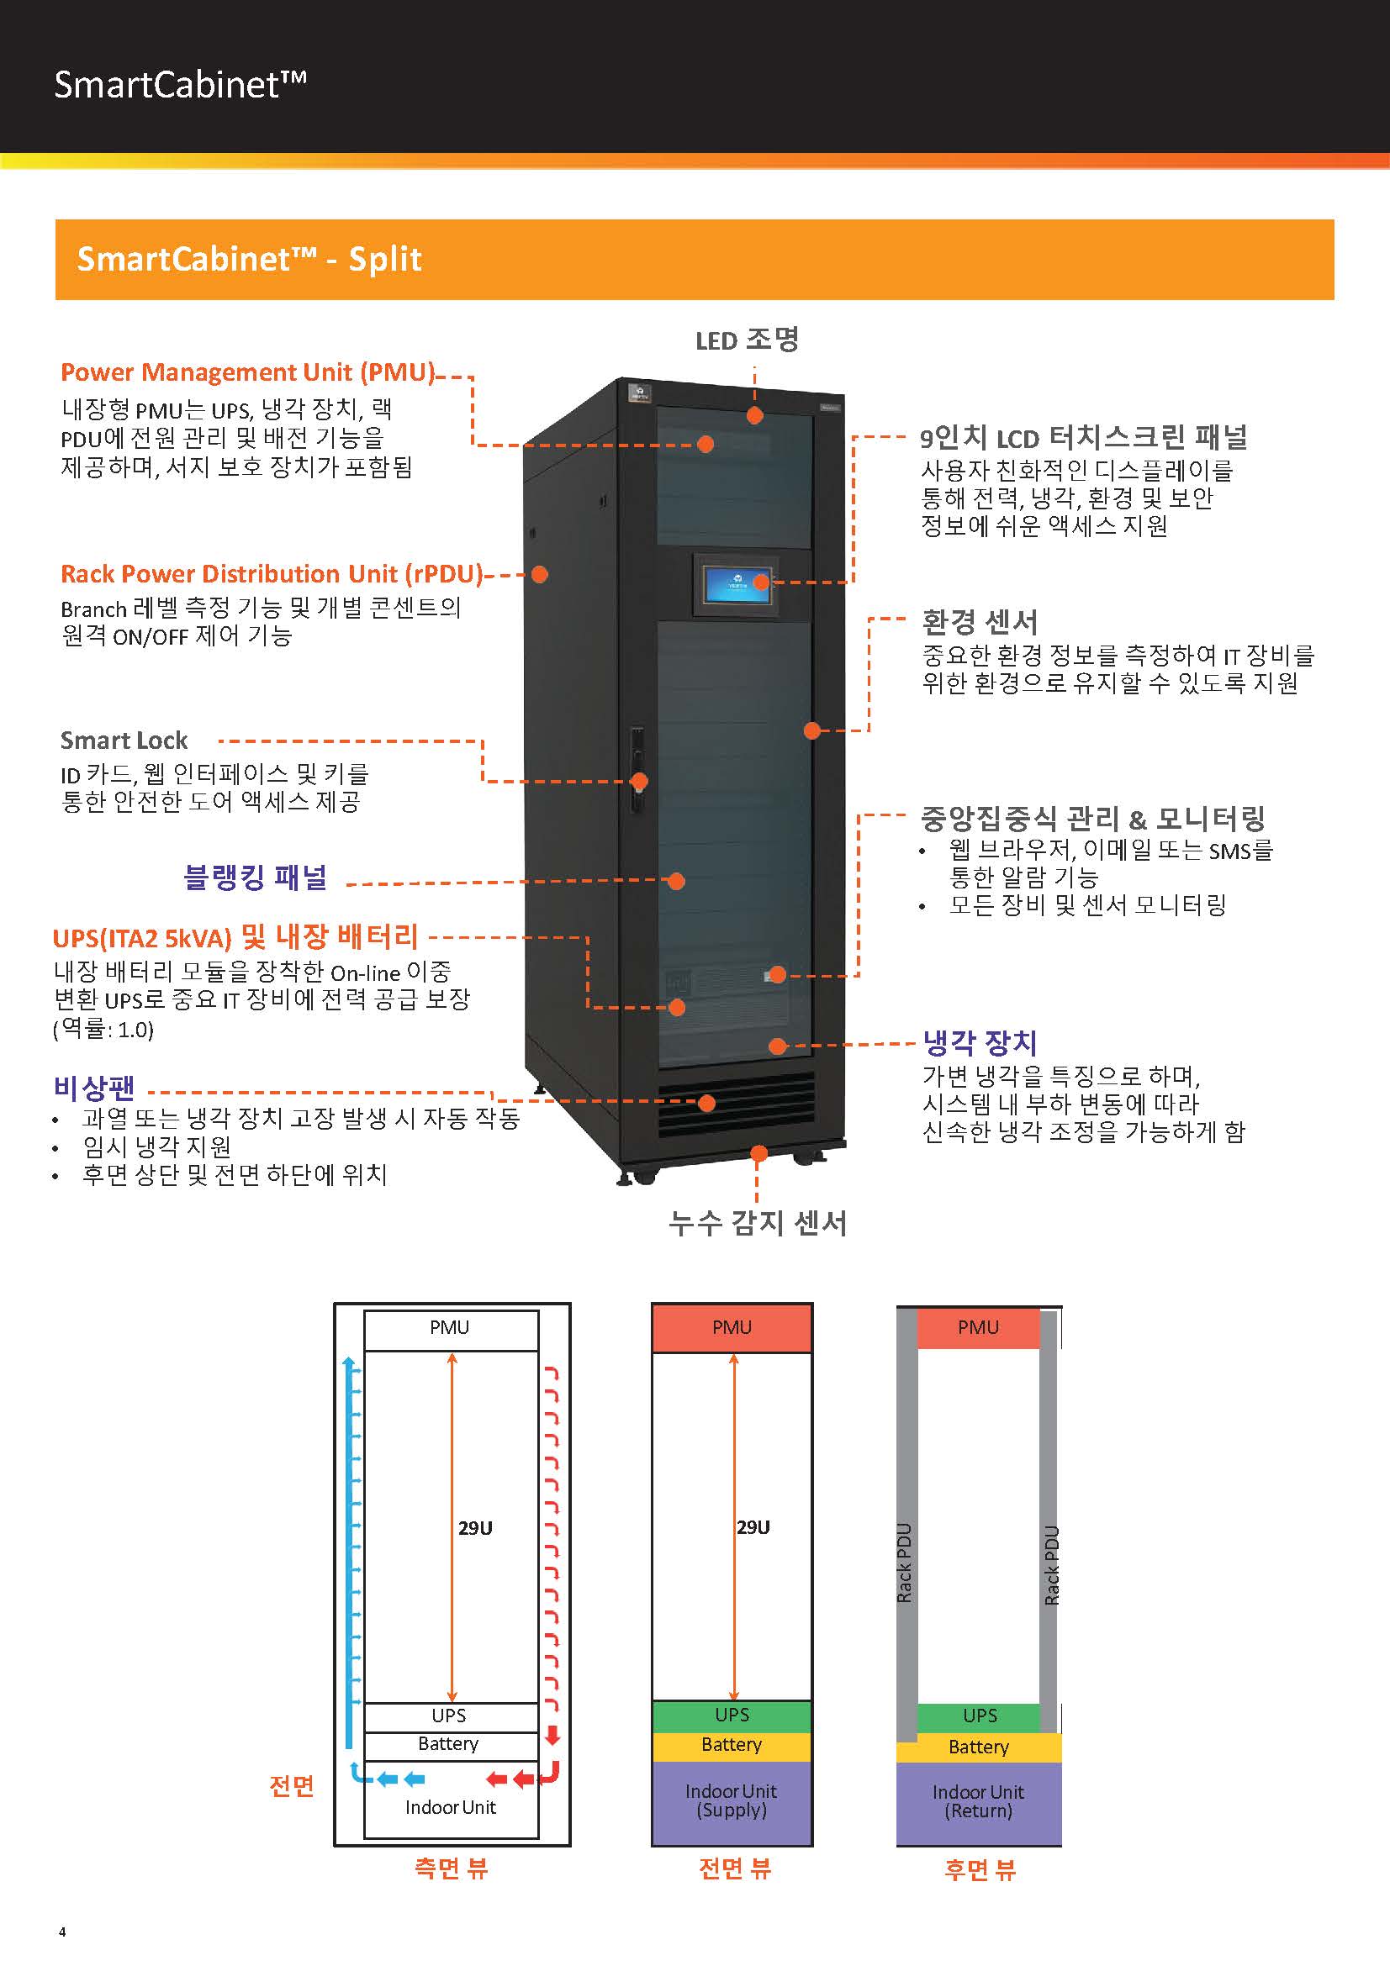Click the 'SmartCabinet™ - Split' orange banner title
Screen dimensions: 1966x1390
click(x=249, y=259)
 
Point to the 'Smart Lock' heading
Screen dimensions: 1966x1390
click(x=124, y=740)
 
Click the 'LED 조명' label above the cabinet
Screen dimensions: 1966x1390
click(x=747, y=340)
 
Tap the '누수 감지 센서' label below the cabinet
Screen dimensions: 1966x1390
click(x=757, y=1223)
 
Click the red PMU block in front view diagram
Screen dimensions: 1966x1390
click(x=732, y=1328)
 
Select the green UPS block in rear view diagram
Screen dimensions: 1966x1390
click(x=979, y=1716)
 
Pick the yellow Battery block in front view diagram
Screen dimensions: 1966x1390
click(x=732, y=1745)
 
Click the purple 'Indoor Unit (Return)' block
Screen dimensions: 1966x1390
click(x=978, y=1801)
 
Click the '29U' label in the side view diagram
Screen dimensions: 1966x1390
click(x=475, y=1528)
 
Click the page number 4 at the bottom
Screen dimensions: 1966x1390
click(x=61, y=1932)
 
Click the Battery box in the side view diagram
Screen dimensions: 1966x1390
click(x=449, y=1744)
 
